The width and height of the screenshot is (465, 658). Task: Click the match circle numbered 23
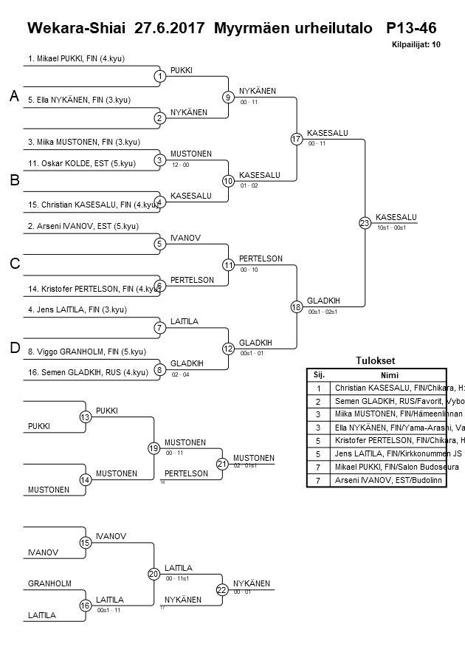point(365,222)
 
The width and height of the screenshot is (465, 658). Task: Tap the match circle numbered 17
point(297,139)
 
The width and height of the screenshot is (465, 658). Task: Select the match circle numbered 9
point(229,97)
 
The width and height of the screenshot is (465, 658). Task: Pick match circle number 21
point(222,464)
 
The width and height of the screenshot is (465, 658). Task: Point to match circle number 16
point(85,606)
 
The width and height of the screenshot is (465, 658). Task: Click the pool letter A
point(13,96)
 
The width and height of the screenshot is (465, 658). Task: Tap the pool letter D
point(13,348)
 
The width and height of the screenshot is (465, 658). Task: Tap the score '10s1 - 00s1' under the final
point(391,227)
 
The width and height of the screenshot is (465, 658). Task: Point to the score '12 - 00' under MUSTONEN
point(180,165)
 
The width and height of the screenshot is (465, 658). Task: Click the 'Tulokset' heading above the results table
point(376,361)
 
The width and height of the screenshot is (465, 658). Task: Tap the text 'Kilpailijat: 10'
point(416,44)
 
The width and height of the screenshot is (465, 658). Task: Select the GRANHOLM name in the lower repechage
point(49,584)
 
